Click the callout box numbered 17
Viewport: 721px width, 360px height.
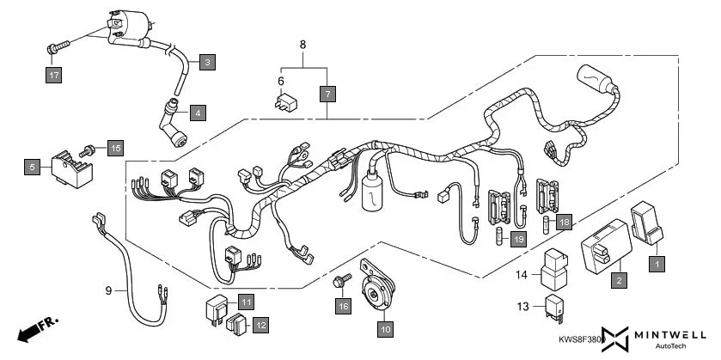point(53,76)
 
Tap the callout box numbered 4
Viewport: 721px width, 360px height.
point(198,113)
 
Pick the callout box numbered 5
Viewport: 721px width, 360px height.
point(32,167)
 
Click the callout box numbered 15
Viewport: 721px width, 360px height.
point(115,148)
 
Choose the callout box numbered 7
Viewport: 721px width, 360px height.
point(327,94)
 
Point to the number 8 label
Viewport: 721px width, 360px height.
point(302,45)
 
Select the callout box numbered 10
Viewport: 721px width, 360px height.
point(385,328)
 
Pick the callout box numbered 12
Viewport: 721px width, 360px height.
point(260,325)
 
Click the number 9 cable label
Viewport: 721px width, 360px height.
point(109,291)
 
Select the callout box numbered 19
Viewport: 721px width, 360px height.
point(518,239)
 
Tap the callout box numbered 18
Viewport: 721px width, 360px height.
point(564,223)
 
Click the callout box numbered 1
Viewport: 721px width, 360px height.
point(655,265)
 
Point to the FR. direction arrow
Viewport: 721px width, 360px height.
point(37,327)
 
